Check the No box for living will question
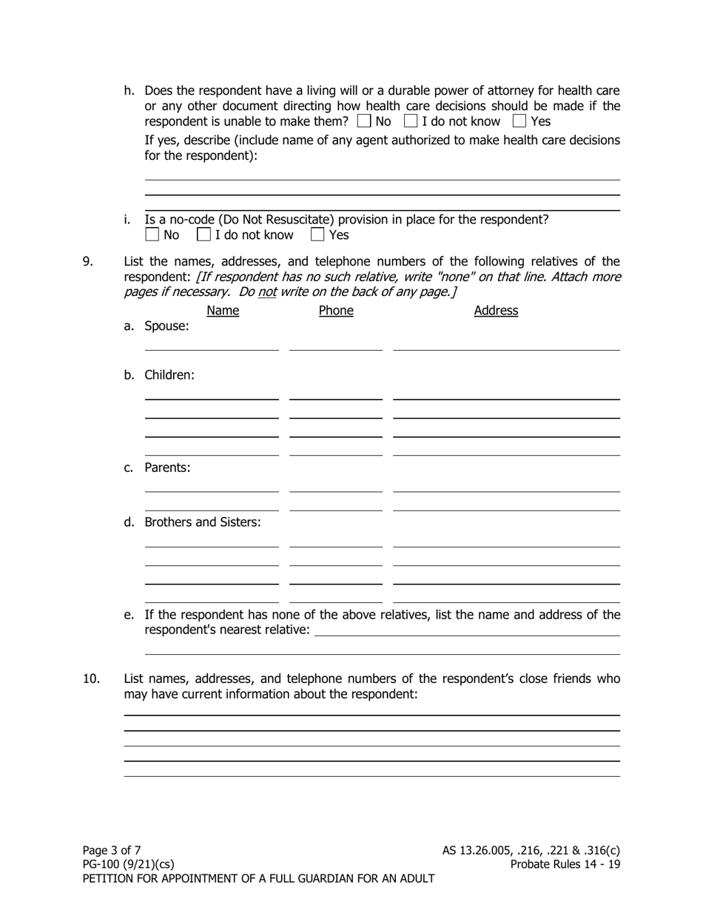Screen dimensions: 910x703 click(x=363, y=121)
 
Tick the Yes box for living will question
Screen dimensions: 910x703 click(x=519, y=121)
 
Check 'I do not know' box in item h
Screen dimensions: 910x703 click(x=411, y=121)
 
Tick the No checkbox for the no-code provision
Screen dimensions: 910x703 click(x=152, y=235)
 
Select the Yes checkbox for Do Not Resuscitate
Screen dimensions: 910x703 click(x=317, y=235)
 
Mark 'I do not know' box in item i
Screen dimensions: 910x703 click(x=203, y=235)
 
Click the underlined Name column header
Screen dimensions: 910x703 click(x=223, y=311)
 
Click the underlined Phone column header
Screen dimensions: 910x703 click(x=336, y=311)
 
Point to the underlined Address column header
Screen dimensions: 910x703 click(x=496, y=311)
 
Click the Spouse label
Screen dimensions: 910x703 click(x=166, y=326)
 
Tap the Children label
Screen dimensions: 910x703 click(x=169, y=375)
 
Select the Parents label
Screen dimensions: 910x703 click(x=167, y=468)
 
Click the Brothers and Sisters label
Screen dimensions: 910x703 click(x=202, y=522)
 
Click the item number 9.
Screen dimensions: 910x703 click(x=88, y=261)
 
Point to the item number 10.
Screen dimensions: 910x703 click(x=91, y=679)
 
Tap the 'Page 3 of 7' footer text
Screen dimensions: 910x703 click(x=112, y=851)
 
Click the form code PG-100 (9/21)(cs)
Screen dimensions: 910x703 click(x=129, y=865)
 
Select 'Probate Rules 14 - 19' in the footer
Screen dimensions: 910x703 click(x=565, y=865)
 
